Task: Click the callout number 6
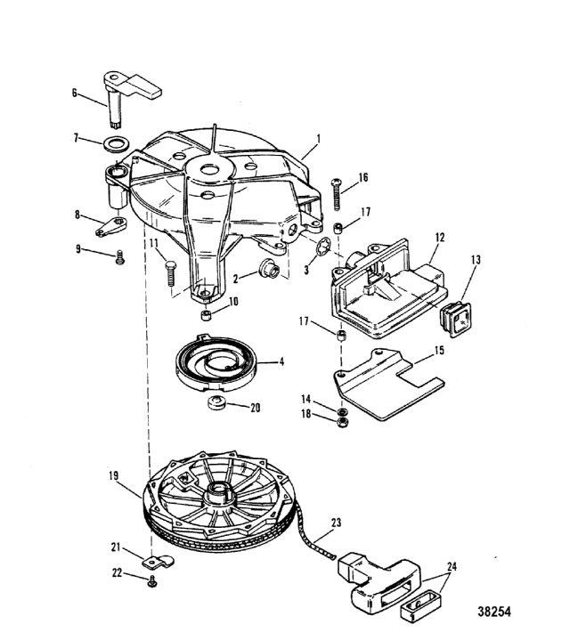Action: click(x=74, y=93)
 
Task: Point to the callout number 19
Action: click(x=114, y=477)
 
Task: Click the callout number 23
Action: click(x=336, y=523)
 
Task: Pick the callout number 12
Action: click(x=439, y=238)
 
